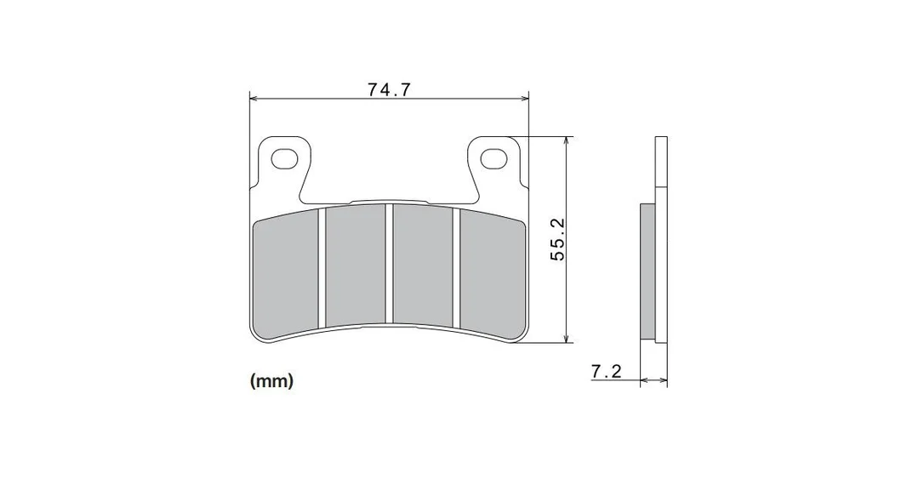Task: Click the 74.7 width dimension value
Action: pos(389,89)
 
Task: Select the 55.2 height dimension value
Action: pos(557,239)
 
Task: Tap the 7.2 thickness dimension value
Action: pos(607,372)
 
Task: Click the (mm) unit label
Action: pos(271,381)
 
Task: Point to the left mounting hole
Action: pos(284,158)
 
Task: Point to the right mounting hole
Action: pos(493,158)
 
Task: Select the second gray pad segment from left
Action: pos(356,265)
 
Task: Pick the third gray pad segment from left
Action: pos(423,265)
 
